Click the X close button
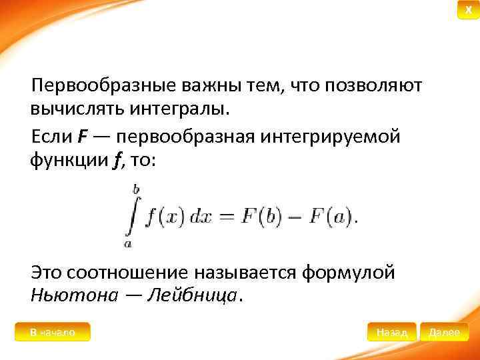tap(468, 10)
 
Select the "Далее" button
tap(444, 332)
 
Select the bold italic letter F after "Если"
tap(82, 137)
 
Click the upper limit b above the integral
tap(135, 189)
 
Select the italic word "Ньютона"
tap(73, 295)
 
